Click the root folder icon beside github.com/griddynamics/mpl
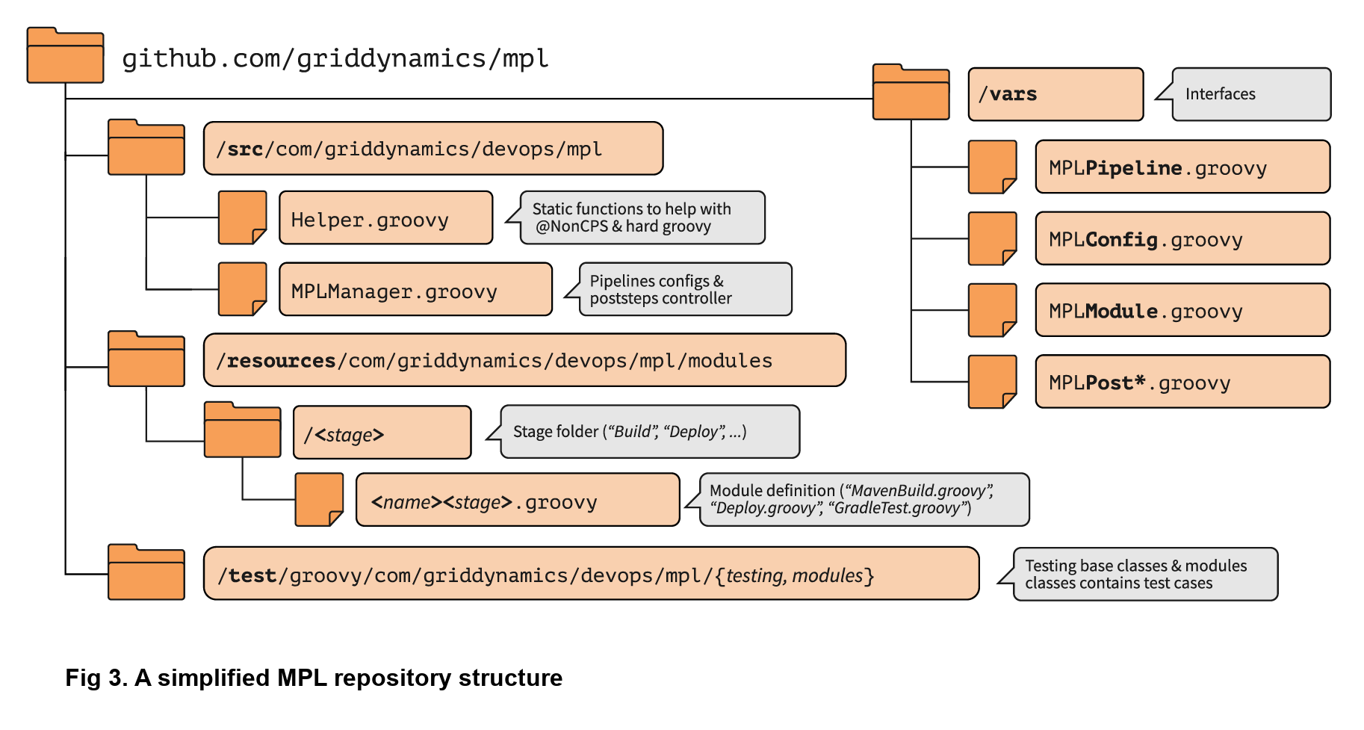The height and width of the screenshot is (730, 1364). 65,56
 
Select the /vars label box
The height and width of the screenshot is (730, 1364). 1055,94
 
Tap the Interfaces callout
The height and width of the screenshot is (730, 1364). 1251,94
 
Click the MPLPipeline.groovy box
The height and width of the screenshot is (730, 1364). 1182,167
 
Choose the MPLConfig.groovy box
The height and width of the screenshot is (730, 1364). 1182,239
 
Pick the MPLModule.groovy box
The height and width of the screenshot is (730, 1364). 1182,311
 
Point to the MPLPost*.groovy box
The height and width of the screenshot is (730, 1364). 1182,383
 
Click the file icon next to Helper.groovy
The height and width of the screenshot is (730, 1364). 242,217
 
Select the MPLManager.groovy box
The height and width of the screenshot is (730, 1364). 415,290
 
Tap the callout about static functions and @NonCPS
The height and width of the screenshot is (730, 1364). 642,217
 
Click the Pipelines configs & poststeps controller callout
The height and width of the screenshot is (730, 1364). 685,290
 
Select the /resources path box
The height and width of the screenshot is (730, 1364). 524,361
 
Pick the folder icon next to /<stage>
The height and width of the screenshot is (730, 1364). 242,430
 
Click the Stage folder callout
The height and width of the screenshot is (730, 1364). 649,432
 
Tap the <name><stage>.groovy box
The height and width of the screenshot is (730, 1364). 518,501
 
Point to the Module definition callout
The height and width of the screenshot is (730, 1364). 864,500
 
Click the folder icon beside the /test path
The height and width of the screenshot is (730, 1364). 146,572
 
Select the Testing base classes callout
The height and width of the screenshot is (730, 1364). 1144,575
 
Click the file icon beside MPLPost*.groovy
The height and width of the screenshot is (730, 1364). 992,383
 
